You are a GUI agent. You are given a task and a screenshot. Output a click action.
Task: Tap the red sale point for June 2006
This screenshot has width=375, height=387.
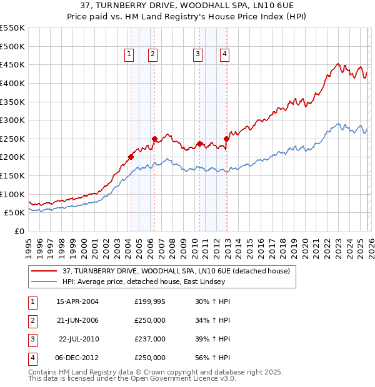(x=154, y=139)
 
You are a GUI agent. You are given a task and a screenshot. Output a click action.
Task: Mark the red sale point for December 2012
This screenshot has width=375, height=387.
(x=226, y=139)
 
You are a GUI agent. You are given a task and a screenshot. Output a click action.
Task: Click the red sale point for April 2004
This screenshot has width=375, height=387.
(x=131, y=157)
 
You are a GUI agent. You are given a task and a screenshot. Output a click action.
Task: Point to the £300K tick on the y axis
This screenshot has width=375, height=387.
(x=14, y=120)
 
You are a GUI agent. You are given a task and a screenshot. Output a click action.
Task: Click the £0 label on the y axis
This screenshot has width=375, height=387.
(x=19, y=231)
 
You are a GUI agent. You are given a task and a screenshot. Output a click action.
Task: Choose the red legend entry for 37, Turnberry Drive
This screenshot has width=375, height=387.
(x=176, y=272)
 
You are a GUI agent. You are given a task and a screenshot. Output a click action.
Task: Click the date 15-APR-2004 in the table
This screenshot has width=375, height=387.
(x=77, y=301)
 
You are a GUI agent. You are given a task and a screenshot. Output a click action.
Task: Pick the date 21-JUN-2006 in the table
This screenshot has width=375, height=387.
(x=77, y=320)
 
